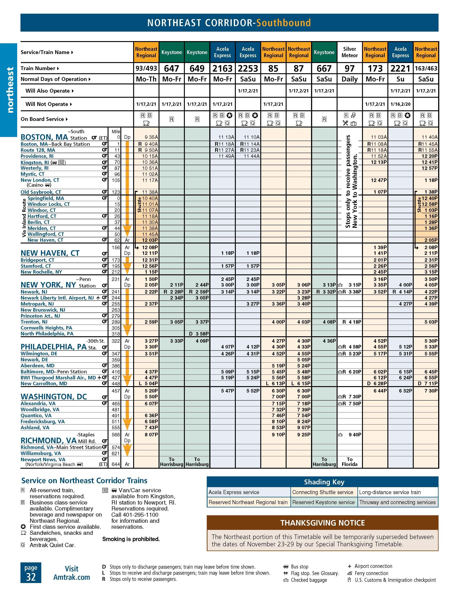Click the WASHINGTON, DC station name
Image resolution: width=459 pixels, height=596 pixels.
tap(54, 397)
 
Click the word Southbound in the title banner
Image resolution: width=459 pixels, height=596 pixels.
tap(283, 23)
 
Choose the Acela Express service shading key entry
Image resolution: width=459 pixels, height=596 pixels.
tap(234, 492)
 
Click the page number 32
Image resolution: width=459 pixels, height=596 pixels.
tap(31, 577)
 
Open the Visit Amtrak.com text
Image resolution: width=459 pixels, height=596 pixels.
tap(71, 573)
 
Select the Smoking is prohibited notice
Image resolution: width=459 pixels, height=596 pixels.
tap(131, 539)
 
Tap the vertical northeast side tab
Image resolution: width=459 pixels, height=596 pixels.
tap(10, 90)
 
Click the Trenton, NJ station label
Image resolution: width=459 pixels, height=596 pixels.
tap(34, 322)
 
